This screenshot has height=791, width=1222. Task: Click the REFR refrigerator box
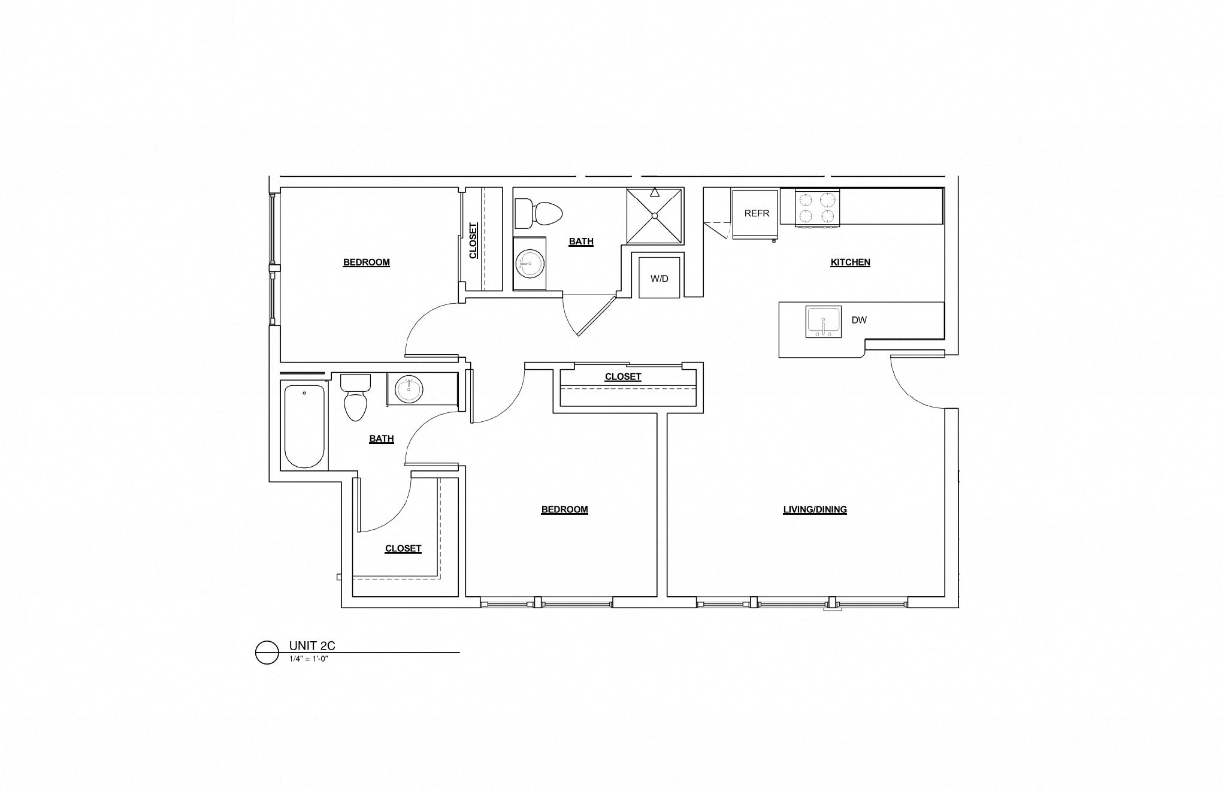755,213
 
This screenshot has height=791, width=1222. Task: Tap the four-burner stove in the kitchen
817,208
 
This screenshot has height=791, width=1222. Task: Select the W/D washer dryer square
659,278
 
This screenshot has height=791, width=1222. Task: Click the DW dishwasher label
859,320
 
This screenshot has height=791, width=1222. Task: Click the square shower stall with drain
655,216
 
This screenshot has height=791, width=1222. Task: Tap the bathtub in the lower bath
304,426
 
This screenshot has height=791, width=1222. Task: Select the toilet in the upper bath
539,213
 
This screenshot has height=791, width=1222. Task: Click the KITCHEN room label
850,262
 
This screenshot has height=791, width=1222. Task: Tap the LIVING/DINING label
815,510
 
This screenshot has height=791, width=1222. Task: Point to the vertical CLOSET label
473,241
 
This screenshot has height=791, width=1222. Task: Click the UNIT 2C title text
312,646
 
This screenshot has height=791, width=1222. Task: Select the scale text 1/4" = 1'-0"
309,659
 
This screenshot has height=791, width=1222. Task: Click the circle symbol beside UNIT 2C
267,653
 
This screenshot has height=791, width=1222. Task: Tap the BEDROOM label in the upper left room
366,262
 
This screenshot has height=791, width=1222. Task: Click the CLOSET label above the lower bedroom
623,377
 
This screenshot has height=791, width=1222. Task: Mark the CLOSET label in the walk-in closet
403,549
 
